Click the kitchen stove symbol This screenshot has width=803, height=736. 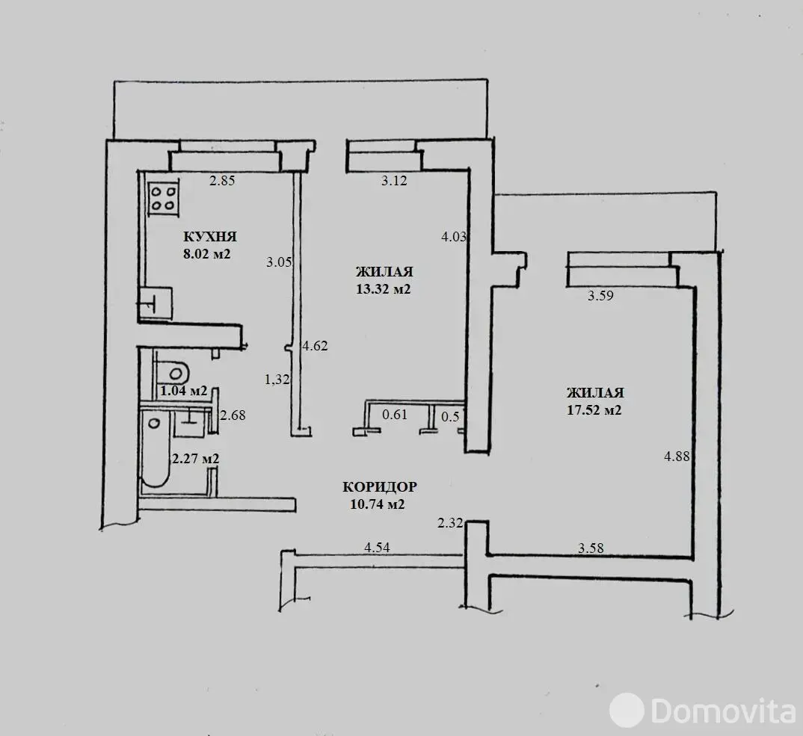(x=163, y=199)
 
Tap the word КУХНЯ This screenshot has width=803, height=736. (x=210, y=236)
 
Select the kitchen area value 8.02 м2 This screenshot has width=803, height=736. (x=207, y=253)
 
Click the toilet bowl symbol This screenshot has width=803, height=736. (x=173, y=372)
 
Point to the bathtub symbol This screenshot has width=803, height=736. (x=155, y=450)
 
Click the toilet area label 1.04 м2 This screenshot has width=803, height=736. (x=184, y=391)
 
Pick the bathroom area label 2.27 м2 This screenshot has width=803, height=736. (x=196, y=459)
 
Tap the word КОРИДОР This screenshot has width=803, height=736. (x=380, y=486)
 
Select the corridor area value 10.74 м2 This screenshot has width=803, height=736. (x=378, y=504)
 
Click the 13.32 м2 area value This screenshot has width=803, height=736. (x=384, y=289)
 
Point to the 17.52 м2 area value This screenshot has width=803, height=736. (x=594, y=410)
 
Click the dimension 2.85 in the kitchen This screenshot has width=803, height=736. (x=222, y=180)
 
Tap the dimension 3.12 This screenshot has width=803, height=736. (x=394, y=180)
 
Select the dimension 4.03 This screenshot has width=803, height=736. (x=455, y=236)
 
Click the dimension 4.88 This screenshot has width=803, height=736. (x=677, y=456)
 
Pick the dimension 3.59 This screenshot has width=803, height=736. (x=600, y=295)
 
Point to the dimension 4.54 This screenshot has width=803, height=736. (x=377, y=547)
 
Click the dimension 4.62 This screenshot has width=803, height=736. (x=315, y=345)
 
